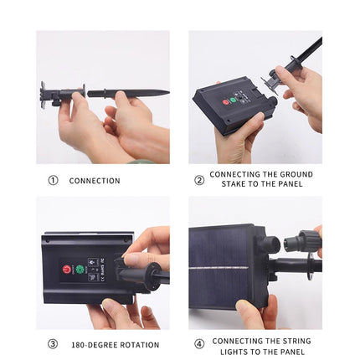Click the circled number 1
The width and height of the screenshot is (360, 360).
coord(53,181)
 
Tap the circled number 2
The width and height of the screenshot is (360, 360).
coord(199,181)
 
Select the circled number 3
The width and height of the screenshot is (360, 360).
coord(53,344)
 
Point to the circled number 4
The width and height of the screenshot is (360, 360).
coord(199,344)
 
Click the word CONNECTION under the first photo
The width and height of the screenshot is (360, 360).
coord(95,181)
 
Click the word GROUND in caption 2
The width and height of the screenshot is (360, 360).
coord(296,174)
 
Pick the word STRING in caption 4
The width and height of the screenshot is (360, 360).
coord(296,341)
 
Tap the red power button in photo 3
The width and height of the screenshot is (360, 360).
coord(67,270)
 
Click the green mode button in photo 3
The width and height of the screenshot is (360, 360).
coord(80,270)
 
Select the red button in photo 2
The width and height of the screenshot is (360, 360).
coord(225,102)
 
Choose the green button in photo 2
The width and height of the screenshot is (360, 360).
coord(233,100)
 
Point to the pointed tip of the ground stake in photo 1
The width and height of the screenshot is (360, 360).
coord(168,92)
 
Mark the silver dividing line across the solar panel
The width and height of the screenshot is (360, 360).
coord(219,269)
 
